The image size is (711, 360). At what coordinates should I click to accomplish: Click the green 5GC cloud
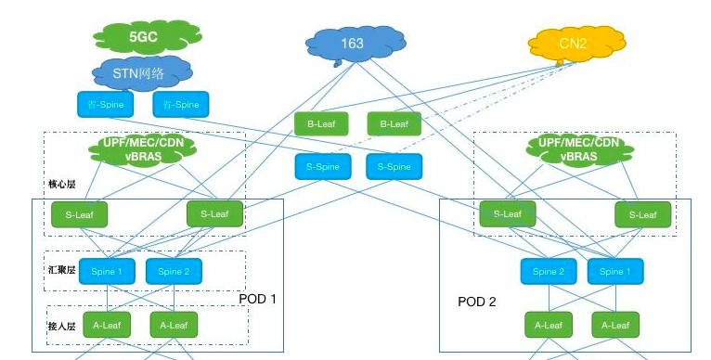pos(142,37)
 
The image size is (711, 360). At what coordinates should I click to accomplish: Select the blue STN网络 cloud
pos(142,71)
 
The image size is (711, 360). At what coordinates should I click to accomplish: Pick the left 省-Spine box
pos(104,104)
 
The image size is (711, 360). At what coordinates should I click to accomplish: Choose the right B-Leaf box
pos(394,123)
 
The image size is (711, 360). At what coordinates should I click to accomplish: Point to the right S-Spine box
pos(394,167)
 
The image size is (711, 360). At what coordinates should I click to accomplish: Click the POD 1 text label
pos(258,299)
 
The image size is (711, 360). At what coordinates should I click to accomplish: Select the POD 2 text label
pos(477,302)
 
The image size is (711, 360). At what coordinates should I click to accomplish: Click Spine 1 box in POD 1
pos(107,272)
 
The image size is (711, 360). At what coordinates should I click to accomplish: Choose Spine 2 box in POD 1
pos(174,272)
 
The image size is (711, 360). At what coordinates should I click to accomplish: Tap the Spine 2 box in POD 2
pos(548,272)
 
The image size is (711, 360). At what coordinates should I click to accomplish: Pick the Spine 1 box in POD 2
pos(614,272)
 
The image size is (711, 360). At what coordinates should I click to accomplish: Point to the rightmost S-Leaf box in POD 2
pos(642,214)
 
